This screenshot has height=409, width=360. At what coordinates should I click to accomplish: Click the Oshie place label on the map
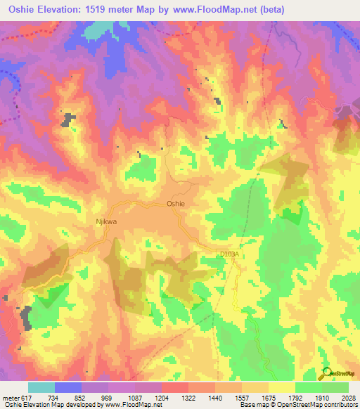click(175, 203)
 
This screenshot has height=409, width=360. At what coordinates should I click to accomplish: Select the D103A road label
click(230, 254)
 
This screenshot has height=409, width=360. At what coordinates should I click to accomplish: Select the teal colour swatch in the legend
click(41, 387)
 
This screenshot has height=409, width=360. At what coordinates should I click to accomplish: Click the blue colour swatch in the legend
click(68, 387)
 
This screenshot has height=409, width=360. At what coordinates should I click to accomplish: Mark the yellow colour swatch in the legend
click(281, 387)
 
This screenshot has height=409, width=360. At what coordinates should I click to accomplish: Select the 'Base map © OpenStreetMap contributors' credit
click(298, 405)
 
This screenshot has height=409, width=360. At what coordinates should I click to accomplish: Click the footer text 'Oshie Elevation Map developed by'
click(45, 405)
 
